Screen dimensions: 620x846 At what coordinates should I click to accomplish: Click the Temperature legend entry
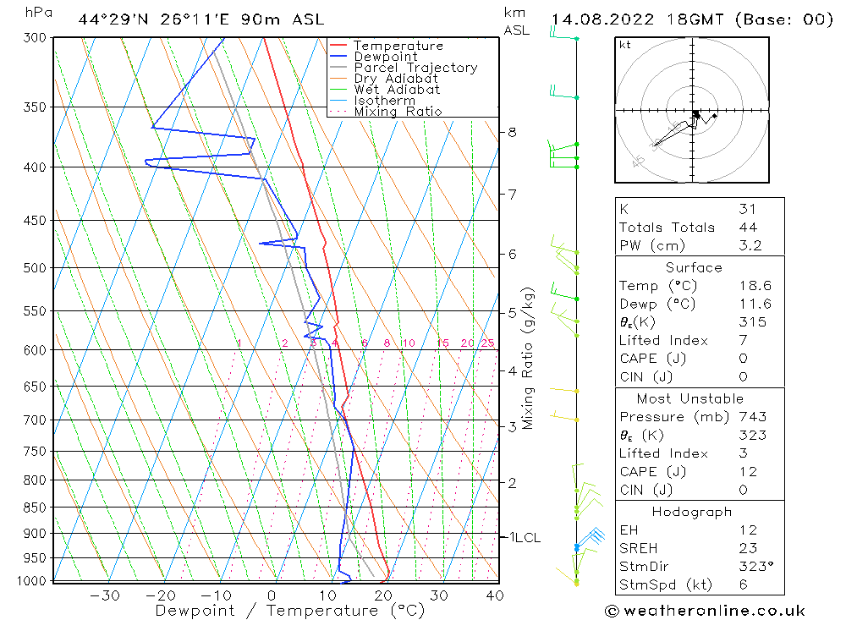[398, 46]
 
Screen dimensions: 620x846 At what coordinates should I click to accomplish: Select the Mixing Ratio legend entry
[398, 112]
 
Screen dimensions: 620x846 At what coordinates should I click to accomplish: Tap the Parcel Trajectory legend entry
[415, 68]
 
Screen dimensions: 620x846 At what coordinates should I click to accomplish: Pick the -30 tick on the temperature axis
[104, 595]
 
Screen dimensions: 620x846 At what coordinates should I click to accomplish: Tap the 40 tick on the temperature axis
[495, 595]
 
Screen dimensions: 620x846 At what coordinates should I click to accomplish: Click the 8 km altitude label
[513, 132]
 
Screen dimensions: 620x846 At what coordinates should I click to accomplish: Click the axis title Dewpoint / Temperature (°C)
[290, 611]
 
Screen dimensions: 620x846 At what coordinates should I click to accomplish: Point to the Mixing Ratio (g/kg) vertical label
[529, 358]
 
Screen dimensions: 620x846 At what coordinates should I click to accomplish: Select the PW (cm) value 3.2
[750, 246]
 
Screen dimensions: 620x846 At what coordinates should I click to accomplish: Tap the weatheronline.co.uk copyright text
[706, 611]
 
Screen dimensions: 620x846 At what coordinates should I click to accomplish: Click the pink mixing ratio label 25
[487, 343]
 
